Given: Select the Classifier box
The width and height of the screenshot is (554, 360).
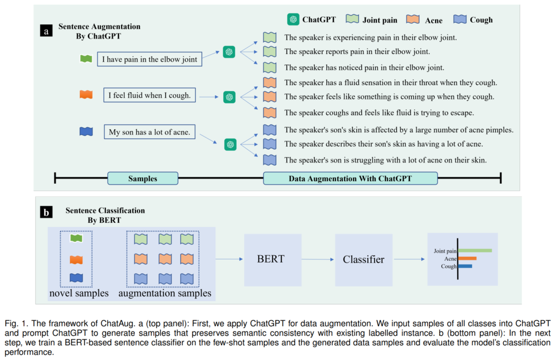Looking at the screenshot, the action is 364,259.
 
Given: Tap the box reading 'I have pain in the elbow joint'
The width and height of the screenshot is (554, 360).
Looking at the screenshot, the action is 149,59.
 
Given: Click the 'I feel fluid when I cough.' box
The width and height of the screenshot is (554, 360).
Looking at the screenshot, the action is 149,95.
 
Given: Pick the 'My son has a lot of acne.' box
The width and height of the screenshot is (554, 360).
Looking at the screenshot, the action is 149,132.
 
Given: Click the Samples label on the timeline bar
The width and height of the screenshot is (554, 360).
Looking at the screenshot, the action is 143,178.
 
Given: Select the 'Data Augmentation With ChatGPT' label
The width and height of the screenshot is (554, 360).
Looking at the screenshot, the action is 350,178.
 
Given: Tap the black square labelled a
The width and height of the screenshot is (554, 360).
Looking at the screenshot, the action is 46,31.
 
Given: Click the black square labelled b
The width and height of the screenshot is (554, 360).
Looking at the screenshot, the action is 46,212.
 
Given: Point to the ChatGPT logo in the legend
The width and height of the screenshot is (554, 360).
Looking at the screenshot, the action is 293,20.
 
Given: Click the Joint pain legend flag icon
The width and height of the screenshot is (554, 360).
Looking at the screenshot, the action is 352,19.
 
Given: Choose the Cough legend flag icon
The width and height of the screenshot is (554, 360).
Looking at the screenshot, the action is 460,19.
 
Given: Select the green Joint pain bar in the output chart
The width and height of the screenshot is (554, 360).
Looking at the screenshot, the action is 475,250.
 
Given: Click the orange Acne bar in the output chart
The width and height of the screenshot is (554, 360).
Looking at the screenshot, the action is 467,258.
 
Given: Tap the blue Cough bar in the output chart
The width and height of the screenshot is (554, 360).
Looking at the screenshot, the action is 465,266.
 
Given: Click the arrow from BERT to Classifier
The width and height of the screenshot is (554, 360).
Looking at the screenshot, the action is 317,259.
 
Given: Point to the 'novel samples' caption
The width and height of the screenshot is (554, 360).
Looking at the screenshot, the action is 79,293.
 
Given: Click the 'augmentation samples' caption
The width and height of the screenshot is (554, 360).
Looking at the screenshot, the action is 165,293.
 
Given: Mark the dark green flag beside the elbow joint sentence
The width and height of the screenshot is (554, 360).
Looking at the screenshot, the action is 86,59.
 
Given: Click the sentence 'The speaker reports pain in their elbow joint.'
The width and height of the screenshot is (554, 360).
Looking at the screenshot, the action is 357,52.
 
